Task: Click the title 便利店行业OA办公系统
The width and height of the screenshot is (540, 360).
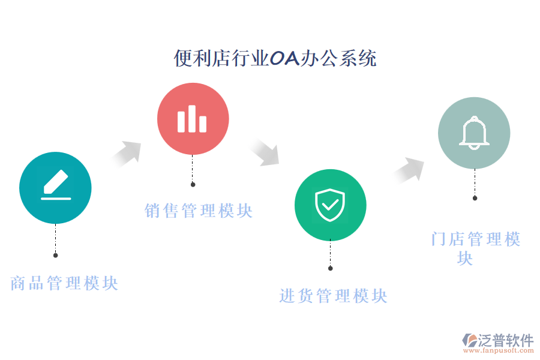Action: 275,59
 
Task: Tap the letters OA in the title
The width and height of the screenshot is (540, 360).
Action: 284,59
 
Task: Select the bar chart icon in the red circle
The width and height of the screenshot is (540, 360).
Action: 192,119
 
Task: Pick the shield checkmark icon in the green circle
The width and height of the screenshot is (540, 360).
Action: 330,205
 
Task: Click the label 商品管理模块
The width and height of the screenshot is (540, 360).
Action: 64,283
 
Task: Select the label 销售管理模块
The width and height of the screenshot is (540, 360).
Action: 199,211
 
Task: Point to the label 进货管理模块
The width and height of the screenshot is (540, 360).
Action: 333,296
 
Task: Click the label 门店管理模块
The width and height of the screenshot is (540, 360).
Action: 475,240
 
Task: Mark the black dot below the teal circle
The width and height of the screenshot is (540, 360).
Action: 55,255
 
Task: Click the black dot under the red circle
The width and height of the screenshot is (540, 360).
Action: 193,184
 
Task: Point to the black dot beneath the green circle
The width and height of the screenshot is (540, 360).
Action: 330,268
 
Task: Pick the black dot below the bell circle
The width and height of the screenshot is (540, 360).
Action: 475,198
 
